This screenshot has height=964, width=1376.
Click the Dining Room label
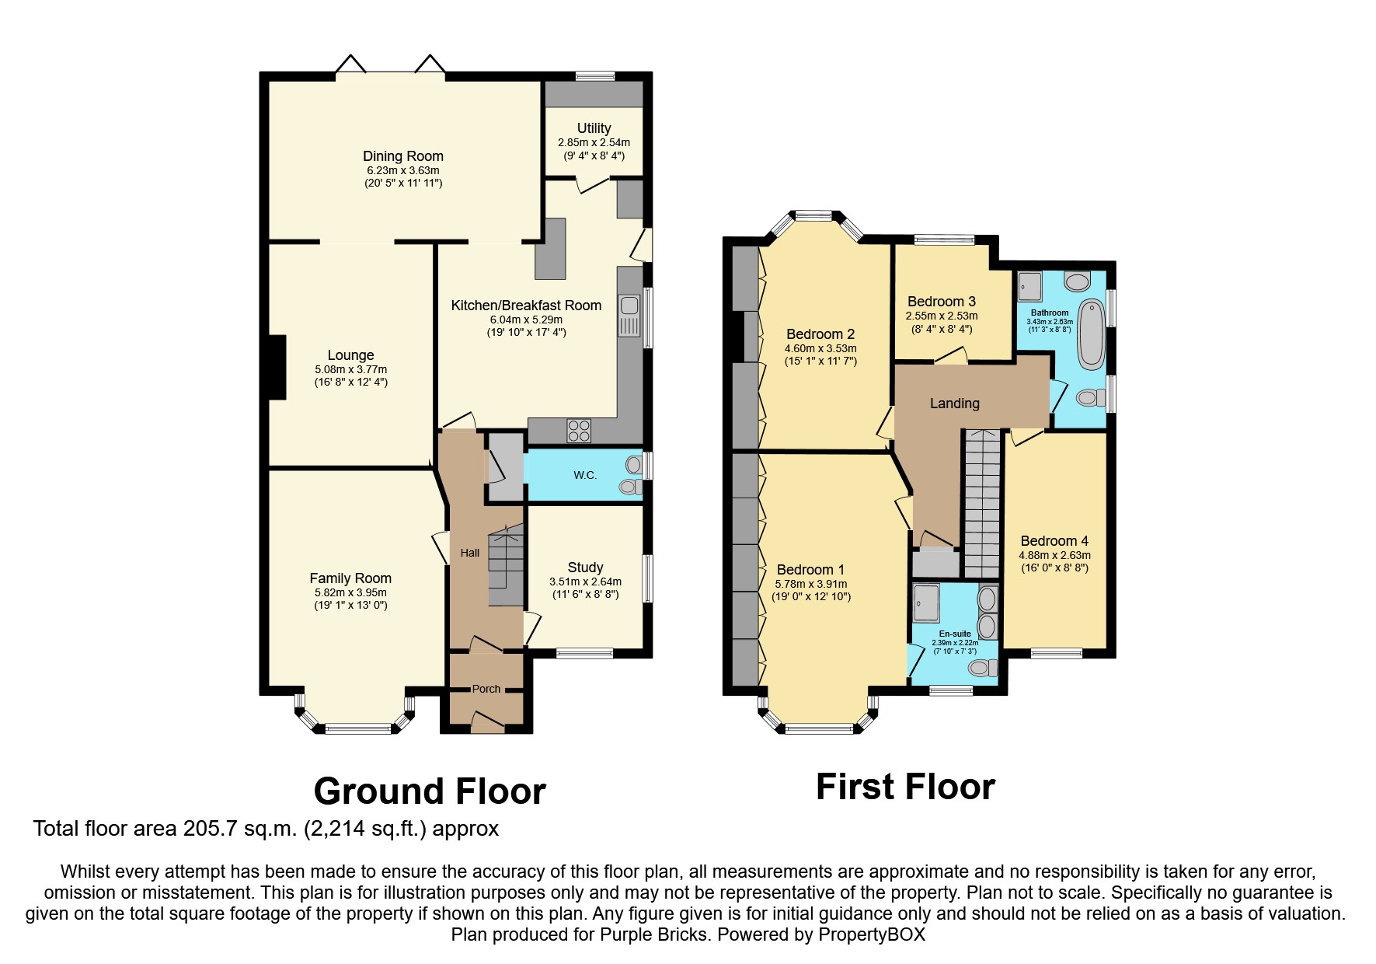(402, 156)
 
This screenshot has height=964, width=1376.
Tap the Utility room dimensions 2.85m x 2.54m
(594, 143)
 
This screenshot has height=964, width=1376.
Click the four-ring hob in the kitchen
(579, 430)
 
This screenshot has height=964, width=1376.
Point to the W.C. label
(585, 475)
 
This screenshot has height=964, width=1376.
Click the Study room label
(585, 568)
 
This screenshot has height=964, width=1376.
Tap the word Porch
(486, 689)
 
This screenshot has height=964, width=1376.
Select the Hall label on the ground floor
(469, 553)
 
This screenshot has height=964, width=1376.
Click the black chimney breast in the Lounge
(277, 367)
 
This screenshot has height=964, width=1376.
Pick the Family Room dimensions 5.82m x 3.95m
(350, 592)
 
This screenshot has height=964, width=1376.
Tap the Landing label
(954, 403)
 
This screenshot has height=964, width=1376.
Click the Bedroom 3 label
(941, 302)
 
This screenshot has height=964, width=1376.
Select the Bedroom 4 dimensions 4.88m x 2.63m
(1054, 555)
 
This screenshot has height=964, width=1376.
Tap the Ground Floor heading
(429, 791)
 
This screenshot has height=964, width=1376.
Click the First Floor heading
(904, 787)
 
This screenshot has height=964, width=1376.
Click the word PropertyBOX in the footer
(871, 934)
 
